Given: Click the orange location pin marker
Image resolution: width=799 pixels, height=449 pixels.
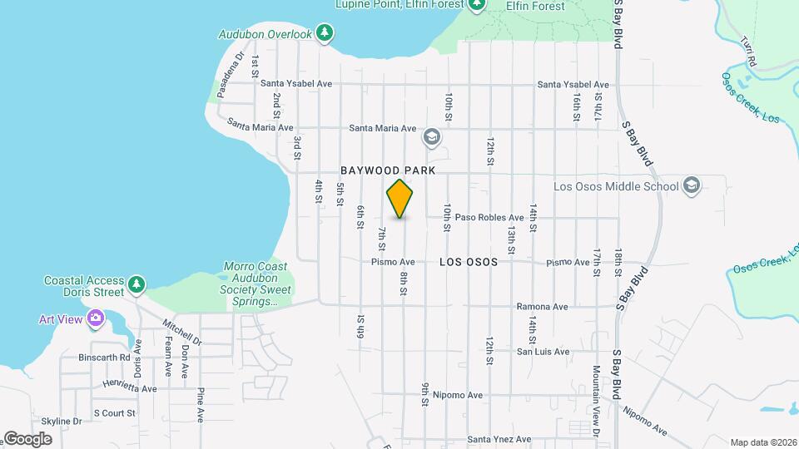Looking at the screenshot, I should click(x=399, y=198).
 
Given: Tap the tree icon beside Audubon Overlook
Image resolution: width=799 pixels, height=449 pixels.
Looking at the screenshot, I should click(x=325, y=34).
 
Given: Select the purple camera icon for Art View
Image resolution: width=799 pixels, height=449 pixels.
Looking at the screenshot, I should click(x=96, y=318).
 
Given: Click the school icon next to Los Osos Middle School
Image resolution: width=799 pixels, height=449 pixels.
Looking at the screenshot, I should click(x=691, y=185).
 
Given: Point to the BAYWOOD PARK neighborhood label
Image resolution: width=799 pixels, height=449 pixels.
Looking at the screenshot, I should click(x=388, y=170).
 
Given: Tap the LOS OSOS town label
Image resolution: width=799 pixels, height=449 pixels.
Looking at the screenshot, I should click(x=468, y=262).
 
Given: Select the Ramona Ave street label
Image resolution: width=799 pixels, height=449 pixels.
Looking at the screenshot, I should click(x=542, y=307).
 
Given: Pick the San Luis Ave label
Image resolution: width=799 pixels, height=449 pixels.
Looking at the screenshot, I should click(x=543, y=352).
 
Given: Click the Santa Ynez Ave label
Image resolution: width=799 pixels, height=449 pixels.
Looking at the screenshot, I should click(x=499, y=439).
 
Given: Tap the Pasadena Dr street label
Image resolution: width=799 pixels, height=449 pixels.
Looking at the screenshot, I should click(x=229, y=76).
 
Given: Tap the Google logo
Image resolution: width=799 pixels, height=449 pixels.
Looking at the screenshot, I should click(x=27, y=438).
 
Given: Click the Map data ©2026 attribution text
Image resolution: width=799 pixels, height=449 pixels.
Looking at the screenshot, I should click(x=762, y=442).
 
